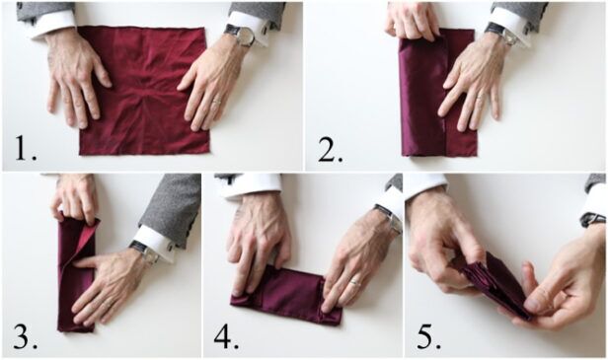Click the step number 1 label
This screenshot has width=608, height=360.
pos(25,149)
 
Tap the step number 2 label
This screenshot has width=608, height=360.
pos(331,149)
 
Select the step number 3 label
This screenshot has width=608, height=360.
pos(25,338)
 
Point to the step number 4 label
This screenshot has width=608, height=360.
pos(226,338)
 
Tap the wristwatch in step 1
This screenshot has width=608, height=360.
pos(240,36)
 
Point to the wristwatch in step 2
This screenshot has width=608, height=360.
pos(497,33)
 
